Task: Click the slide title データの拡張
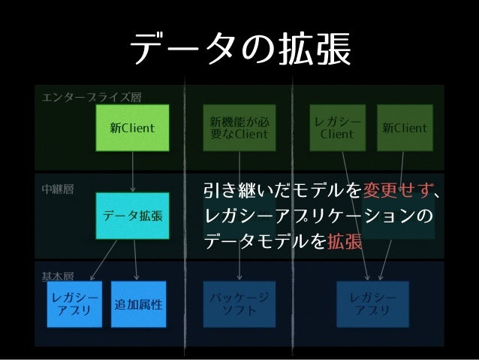239,50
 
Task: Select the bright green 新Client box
132,128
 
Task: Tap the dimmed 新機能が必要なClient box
239,129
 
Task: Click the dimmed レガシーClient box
337,129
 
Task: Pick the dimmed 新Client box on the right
405,129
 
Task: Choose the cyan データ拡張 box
132,216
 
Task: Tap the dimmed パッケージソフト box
239,304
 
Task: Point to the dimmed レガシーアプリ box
372,304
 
